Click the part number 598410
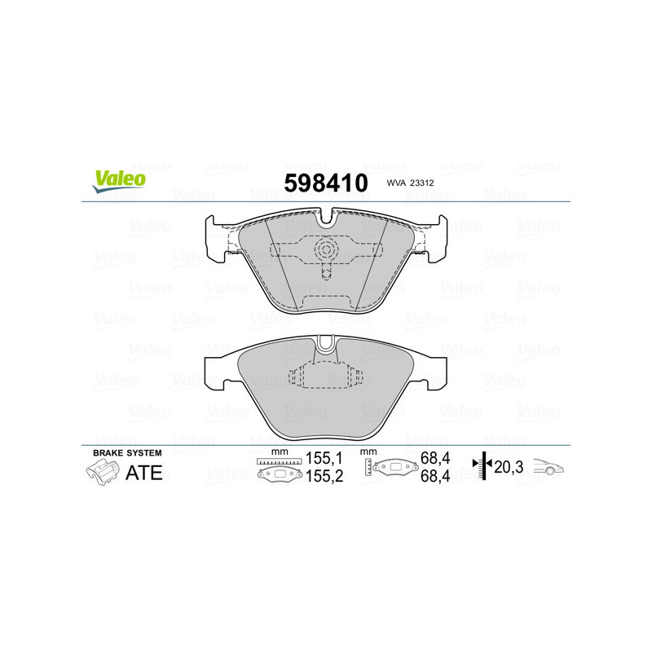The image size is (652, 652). tap(325, 183)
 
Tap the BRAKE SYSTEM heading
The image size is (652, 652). tap(127, 453)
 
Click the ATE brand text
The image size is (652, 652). tap(143, 472)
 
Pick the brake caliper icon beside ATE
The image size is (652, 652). tap(101, 471)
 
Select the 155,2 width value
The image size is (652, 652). tap(322, 478)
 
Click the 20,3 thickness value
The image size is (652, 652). tap(512, 467)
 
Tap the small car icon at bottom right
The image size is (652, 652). tap(549, 467)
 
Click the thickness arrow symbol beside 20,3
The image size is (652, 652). tap(484, 467)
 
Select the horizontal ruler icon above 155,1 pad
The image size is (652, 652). tap(280, 461)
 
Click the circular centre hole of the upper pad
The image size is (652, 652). tap(326, 249)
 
